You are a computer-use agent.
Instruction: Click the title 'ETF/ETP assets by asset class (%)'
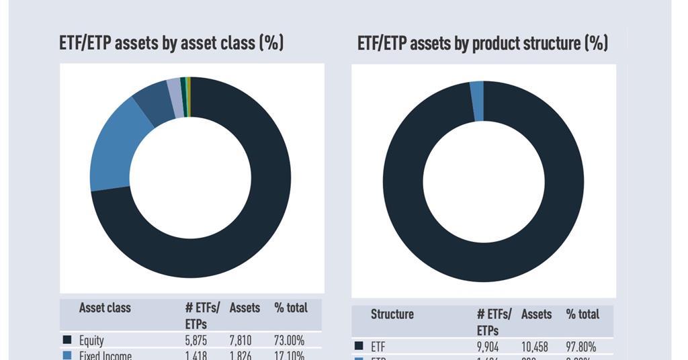(171, 44)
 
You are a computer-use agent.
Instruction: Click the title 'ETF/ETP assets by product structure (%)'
(482, 44)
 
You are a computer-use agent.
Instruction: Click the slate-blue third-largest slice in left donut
(154, 103)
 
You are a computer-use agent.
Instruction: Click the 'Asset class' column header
(105, 308)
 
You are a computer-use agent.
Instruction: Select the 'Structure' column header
(392, 314)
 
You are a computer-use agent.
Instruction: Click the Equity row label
(91, 341)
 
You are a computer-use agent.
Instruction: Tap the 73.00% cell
(290, 341)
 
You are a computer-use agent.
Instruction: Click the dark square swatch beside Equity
(67, 340)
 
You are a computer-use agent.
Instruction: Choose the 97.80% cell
(581, 347)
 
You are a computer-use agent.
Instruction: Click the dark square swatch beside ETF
(359, 346)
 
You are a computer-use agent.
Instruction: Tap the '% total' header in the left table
(291, 308)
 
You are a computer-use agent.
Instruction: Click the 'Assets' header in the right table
(536, 314)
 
